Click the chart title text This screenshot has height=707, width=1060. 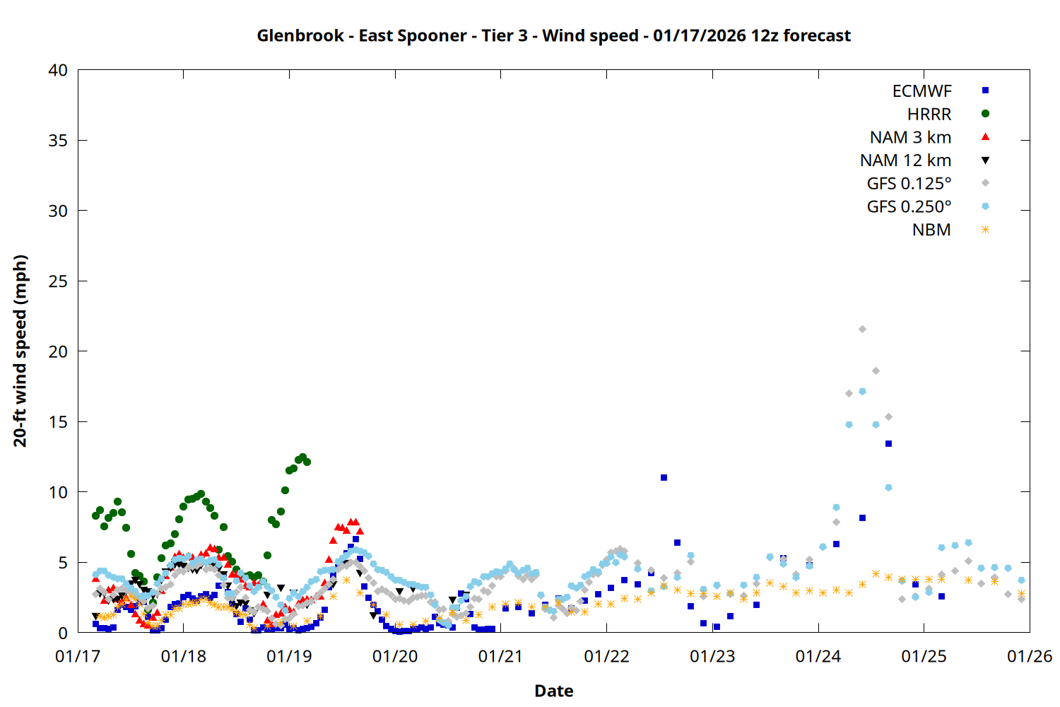pyautogui.click(x=553, y=35)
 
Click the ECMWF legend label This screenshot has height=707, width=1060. pyautogui.click(x=921, y=91)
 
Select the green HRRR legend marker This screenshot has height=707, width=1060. pyautogui.click(x=985, y=114)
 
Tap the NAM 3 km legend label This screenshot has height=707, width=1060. pyautogui.click(x=910, y=137)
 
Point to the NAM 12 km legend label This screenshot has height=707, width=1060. pyautogui.click(x=905, y=160)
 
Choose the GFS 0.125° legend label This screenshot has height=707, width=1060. pyautogui.click(x=909, y=184)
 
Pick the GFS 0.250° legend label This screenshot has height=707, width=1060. pyautogui.click(x=909, y=207)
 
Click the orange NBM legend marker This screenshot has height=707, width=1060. pyautogui.click(x=985, y=230)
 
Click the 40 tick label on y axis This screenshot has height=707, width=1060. pyautogui.click(x=58, y=70)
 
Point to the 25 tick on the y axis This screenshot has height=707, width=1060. pyautogui.click(x=58, y=281)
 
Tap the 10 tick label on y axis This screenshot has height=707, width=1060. pyautogui.click(x=58, y=492)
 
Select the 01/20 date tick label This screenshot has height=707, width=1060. pyautogui.click(x=395, y=656)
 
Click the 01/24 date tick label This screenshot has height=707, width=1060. pyautogui.click(x=818, y=656)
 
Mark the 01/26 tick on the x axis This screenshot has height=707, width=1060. pyautogui.click(x=1030, y=656)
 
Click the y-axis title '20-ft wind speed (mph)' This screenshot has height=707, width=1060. pyautogui.click(x=20, y=351)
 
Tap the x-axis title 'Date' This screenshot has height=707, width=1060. pyautogui.click(x=553, y=691)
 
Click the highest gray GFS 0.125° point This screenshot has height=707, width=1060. pyautogui.click(x=862, y=329)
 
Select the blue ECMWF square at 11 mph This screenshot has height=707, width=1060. pyautogui.click(x=664, y=478)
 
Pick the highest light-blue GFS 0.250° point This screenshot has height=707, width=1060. pyautogui.click(x=862, y=391)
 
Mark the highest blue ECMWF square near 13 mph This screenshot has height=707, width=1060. pyautogui.click(x=888, y=444)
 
